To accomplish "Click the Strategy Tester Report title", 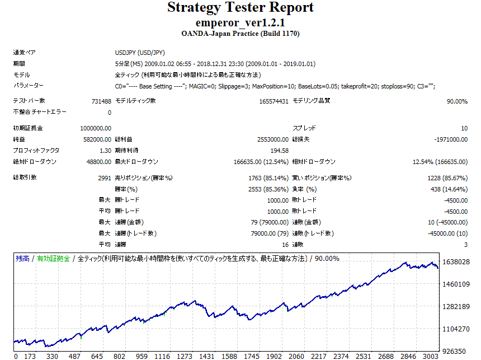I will tap(240, 8).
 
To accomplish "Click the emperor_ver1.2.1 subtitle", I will tap(240, 23).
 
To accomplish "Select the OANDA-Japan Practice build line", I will tap(240, 34).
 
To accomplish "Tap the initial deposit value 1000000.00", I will tap(96, 128).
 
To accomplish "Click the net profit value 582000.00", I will tap(98, 139).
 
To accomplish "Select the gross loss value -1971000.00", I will tap(451, 139).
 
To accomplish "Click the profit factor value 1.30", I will tap(105, 151).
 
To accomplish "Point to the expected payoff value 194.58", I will tap(279, 151).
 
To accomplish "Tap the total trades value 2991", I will tap(104, 177).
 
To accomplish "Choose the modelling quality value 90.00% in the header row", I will tap(456, 101).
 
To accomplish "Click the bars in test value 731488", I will tap(101, 101).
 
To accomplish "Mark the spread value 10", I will tap(464, 128).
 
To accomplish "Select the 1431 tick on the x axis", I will tap(207, 356).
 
